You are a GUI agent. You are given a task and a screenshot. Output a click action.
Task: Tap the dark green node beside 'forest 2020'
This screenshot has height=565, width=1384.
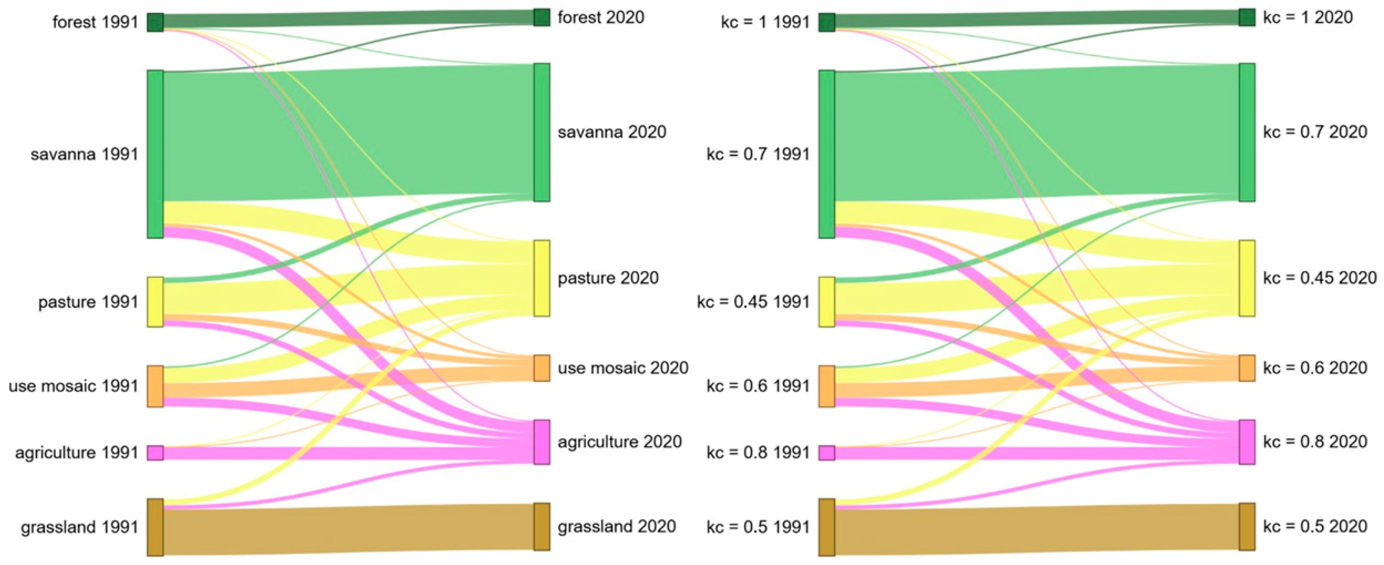pos(541,17)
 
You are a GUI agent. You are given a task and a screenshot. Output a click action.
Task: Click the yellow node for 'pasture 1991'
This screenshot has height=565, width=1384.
pos(155,301)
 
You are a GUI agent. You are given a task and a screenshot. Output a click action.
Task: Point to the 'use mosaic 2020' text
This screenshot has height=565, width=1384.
pos(623,368)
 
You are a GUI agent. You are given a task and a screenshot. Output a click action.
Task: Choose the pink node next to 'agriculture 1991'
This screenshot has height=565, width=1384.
pos(155,453)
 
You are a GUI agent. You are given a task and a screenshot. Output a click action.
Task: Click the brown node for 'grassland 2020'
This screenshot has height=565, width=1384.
pos(541,526)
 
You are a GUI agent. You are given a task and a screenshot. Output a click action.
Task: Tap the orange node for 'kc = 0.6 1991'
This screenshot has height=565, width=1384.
pos(827,386)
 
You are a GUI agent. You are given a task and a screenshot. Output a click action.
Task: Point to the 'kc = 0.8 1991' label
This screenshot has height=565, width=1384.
pos(758,453)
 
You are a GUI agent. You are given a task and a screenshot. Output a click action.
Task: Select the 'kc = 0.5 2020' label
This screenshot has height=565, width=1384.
pos(1315,526)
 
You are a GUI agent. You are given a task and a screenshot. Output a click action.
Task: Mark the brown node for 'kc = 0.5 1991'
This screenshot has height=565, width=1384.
pos(827,527)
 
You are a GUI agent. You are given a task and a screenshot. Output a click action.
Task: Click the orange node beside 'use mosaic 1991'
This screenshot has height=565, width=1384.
pos(155,386)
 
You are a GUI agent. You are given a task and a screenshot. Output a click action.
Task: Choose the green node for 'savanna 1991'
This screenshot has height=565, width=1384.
pos(155,154)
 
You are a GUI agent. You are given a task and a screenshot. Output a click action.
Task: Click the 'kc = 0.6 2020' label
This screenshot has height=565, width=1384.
pos(1315,368)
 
